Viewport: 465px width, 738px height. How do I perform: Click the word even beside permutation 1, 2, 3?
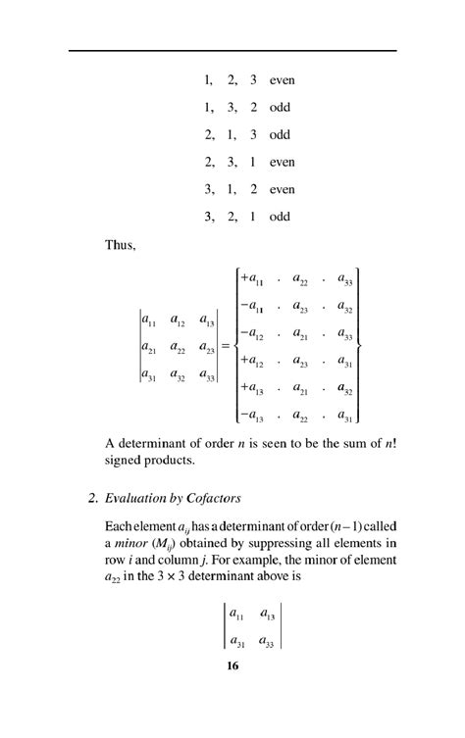point(283,79)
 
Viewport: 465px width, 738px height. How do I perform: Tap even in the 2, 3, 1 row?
point(283,162)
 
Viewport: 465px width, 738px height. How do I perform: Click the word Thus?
point(120,245)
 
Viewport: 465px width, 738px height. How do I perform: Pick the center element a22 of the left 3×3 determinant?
point(179,347)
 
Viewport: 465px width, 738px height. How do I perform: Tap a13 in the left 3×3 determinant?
point(208,320)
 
